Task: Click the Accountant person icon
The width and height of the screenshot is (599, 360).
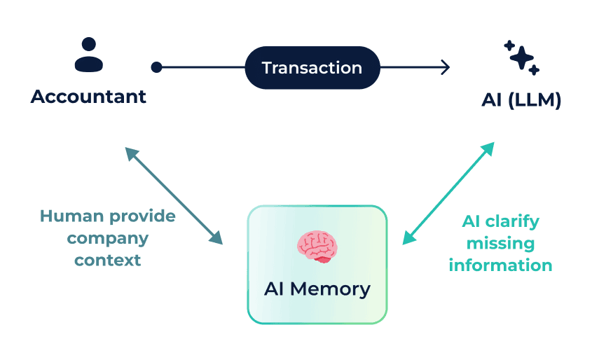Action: click(x=89, y=55)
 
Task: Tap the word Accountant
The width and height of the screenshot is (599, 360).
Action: click(x=88, y=97)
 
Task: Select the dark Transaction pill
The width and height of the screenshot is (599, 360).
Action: click(x=312, y=67)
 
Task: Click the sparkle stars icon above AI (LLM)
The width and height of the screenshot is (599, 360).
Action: click(x=521, y=57)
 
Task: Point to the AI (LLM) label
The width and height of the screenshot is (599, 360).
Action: click(x=521, y=100)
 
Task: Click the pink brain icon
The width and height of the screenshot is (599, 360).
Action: click(x=317, y=247)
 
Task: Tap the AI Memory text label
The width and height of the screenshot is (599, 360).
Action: click(x=317, y=289)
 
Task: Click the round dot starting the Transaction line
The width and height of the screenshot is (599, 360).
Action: click(x=156, y=67)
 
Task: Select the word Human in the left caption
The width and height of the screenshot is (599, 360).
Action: click(x=72, y=216)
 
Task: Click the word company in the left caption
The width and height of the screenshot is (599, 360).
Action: click(x=108, y=239)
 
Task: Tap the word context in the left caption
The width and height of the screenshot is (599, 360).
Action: click(x=108, y=261)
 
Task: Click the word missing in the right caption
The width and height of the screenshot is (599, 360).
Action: click(x=500, y=243)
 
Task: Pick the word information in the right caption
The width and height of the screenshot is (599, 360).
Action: click(x=500, y=265)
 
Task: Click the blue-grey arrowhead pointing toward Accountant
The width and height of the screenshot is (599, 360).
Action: click(x=130, y=153)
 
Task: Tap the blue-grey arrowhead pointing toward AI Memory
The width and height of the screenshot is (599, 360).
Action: click(x=216, y=238)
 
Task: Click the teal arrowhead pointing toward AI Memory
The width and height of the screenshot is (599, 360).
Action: click(x=408, y=238)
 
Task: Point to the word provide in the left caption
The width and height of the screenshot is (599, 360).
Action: click(x=142, y=217)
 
